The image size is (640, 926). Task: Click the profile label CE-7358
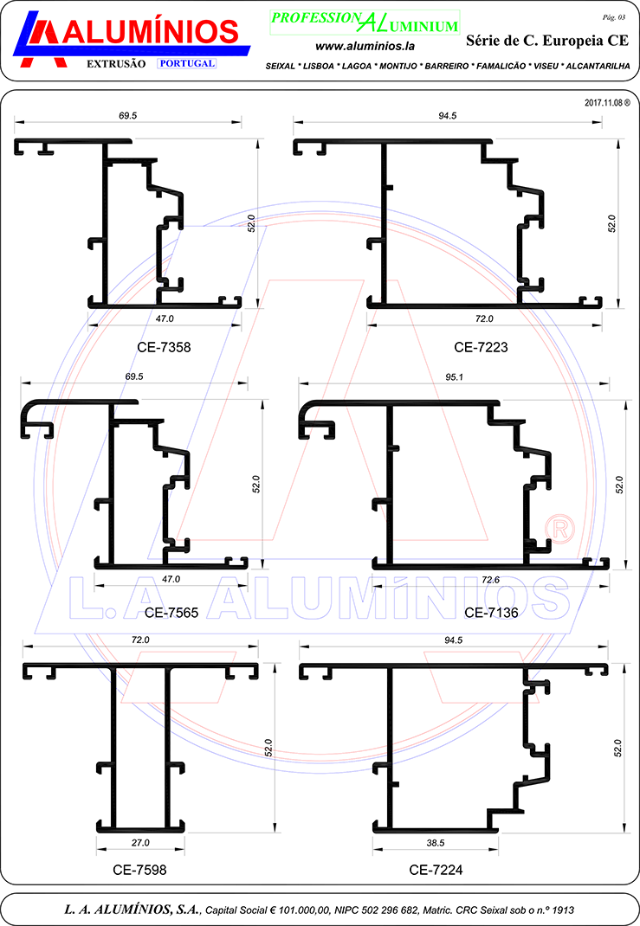point(164,347)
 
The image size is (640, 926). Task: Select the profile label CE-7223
point(481,347)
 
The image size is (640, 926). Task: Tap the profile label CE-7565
point(171,613)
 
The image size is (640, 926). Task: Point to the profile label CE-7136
point(491,613)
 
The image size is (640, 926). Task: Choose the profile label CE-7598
point(139,869)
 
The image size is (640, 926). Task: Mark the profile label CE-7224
point(436,869)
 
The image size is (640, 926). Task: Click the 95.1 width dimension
point(455,376)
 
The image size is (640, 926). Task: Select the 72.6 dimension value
point(490,580)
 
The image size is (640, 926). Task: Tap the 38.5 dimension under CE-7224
point(436,843)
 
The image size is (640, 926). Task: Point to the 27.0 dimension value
point(140,843)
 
